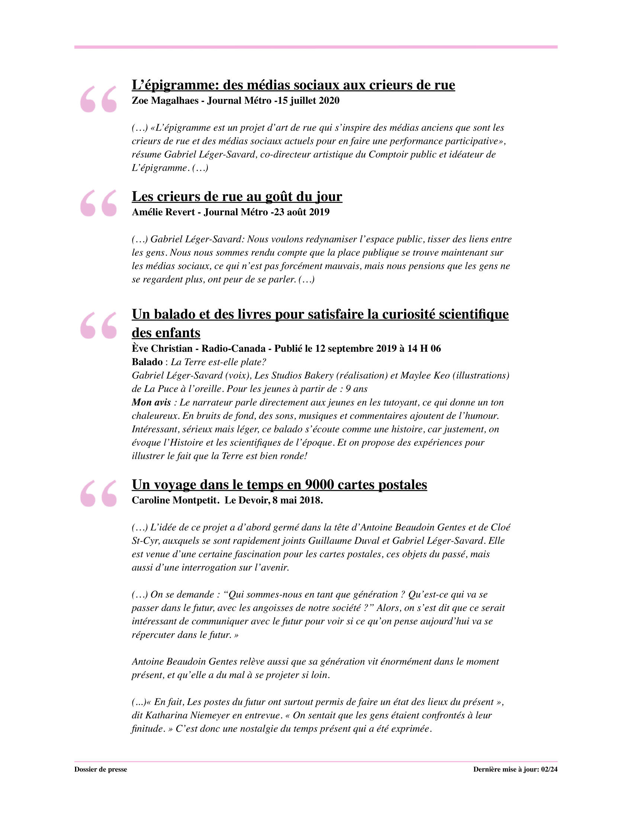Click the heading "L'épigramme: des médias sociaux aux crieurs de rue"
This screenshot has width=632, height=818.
(293, 85)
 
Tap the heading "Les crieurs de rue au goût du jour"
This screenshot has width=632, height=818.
(236, 196)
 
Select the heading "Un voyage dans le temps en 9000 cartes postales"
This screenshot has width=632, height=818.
(279, 484)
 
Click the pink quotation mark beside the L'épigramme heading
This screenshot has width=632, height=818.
(99, 99)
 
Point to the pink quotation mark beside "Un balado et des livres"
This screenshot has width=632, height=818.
(99, 325)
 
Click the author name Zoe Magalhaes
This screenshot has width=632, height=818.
(165, 101)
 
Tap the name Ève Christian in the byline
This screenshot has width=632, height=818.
(162, 349)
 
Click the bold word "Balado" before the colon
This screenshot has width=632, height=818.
(147, 362)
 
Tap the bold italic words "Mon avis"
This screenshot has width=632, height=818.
(151, 403)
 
